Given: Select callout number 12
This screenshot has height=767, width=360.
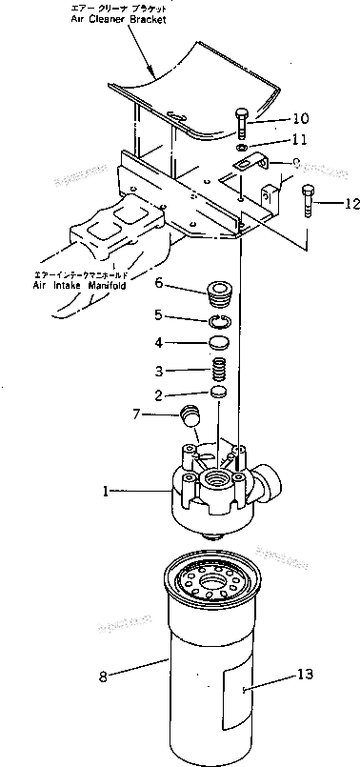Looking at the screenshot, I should pos(353,202).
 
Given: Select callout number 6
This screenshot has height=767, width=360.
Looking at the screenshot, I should pos(159,282).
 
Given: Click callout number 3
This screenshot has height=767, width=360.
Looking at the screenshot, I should pos(160,370).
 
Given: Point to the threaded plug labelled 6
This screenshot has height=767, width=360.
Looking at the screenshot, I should pos(220,289).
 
